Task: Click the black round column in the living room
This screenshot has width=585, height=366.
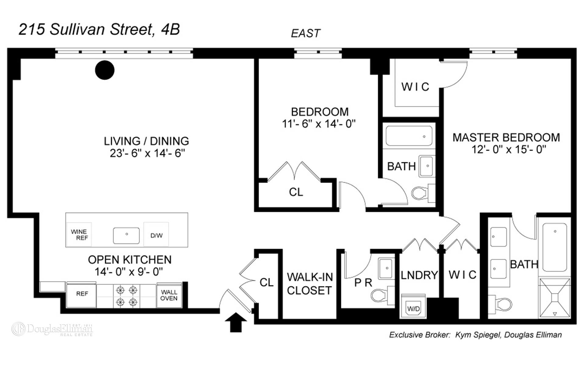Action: pos(105,70)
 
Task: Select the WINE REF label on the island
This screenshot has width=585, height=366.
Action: pos(79,235)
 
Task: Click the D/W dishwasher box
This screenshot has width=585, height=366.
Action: pos(156,235)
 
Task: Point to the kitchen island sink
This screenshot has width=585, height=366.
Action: pos(126,235)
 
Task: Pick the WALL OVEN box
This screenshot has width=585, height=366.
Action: pos(169,295)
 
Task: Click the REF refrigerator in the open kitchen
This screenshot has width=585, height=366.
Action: pos(82,294)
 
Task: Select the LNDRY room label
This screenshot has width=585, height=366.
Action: pos(419,275)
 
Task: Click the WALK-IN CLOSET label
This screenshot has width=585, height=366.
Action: pos(309,284)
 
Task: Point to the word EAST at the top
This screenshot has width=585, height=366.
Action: pos(305,33)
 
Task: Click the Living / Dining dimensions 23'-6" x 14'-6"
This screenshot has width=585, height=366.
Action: pos(147,153)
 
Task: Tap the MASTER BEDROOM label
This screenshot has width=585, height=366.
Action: pos(506,138)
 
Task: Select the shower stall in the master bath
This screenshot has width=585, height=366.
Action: pos(555,298)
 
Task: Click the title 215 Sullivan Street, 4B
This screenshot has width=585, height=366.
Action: pos(99,30)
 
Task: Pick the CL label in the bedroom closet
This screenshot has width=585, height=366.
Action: pos(296,192)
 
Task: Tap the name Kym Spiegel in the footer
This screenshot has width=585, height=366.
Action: pos(477,335)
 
